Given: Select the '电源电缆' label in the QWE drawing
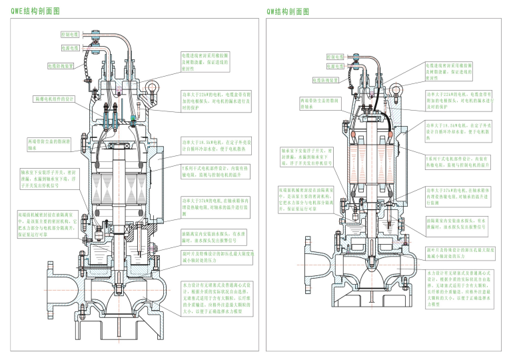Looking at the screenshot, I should pyautogui.click(x=70, y=48).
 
